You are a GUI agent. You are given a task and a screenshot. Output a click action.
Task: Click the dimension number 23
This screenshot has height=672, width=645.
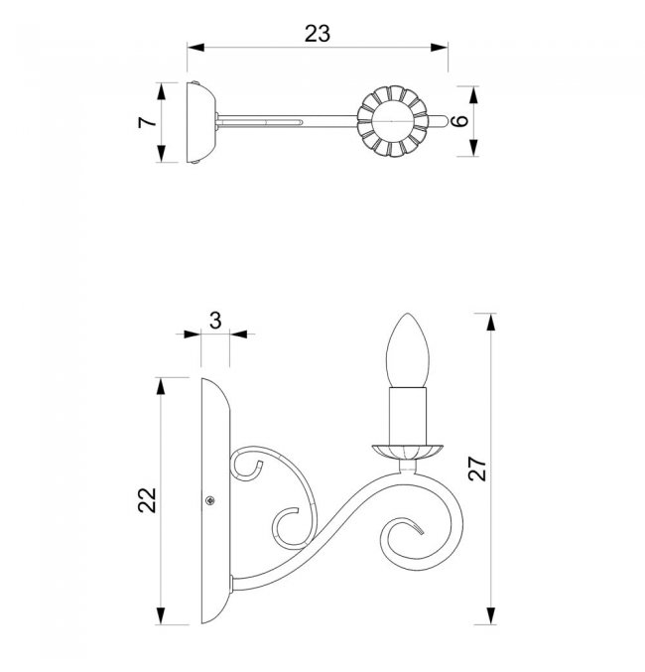[318, 34]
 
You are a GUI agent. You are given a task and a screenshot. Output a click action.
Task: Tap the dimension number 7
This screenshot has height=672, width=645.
[148, 122]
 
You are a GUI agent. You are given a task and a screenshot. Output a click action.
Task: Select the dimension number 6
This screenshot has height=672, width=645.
[460, 120]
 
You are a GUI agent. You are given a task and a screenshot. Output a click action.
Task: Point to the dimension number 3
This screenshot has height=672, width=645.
[215, 321]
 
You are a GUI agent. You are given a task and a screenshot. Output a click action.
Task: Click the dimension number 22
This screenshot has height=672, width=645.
[148, 500]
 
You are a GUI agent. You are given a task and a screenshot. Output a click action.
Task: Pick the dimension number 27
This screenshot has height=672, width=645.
[477, 469]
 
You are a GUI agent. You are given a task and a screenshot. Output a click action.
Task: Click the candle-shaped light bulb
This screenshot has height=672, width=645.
[407, 350]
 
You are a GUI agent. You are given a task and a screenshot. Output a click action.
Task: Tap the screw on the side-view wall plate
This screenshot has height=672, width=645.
[210, 500]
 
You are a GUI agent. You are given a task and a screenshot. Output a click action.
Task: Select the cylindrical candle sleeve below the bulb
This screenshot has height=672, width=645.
[408, 416]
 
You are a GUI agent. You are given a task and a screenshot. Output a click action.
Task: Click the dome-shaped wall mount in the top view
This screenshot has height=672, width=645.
[201, 122]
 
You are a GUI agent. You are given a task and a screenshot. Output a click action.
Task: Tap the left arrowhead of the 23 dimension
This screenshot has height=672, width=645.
[195, 47]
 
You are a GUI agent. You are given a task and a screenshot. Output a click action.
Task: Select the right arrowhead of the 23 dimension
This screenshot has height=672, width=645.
[440, 47]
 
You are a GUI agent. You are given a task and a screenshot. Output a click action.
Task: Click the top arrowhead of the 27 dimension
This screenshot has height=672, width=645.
[491, 322]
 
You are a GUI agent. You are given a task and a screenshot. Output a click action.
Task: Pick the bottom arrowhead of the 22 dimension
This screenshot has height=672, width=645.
[161, 615]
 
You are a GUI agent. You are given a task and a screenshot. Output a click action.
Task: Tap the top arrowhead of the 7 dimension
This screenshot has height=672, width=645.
[161, 91]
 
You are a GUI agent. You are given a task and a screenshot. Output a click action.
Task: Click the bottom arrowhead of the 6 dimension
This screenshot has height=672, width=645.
[473, 148]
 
